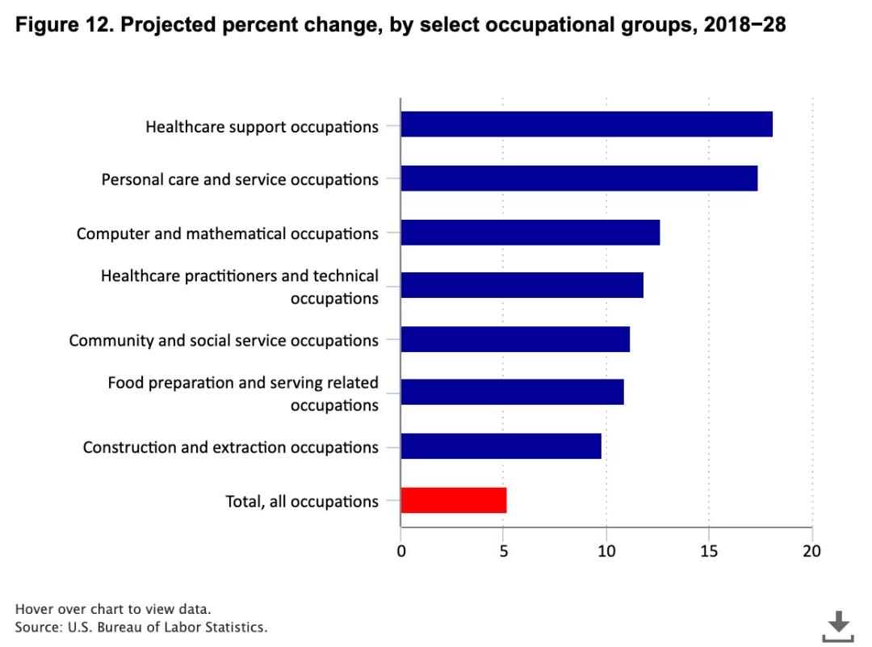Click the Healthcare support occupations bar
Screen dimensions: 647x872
click(586, 124)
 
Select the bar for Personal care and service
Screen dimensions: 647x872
click(579, 178)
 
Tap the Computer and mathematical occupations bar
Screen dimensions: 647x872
click(530, 232)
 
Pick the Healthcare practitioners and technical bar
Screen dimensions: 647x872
click(522, 285)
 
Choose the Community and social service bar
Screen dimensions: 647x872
click(515, 339)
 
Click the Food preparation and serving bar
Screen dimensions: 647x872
click(512, 393)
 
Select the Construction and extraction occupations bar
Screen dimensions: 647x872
click(501, 446)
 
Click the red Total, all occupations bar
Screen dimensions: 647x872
click(454, 500)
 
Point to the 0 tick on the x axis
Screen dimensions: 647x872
click(401, 551)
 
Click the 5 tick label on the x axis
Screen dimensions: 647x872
click(504, 551)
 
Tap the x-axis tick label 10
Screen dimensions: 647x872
click(606, 551)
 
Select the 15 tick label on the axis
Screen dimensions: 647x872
click(708, 551)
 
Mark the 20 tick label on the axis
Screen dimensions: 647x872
click(811, 551)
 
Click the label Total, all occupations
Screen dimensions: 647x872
click(301, 502)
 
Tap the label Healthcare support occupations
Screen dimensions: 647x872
click(262, 127)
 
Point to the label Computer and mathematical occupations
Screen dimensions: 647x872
click(227, 233)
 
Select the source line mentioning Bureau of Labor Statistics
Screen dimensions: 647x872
click(140, 627)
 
